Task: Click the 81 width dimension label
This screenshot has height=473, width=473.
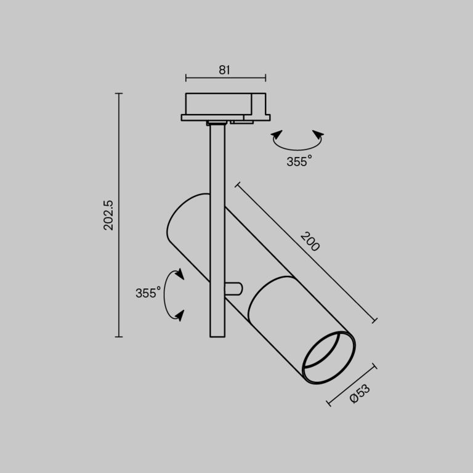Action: pyautogui.click(x=224, y=70)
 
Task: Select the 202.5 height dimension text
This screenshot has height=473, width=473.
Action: pyautogui.click(x=108, y=215)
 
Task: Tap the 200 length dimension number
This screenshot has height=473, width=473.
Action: pyautogui.click(x=310, y=241)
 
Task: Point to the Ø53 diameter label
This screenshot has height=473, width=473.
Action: pyautogui.click(x=360, y=394)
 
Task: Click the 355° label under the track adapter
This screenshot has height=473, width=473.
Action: pyautogui.click(x=299, y=161)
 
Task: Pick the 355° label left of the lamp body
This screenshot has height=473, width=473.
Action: pyautogui.click(x=148, y=293)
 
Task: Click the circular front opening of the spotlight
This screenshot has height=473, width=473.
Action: pyautogui.click(x=330, y=360)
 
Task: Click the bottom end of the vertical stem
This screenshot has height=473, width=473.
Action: pyautogui.click(x=217, y=335)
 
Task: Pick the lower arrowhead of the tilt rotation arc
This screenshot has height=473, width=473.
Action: pyautogui.click(x=179, y=315)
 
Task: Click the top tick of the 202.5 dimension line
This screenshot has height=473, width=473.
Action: pyautogui.click(x=119, y=94)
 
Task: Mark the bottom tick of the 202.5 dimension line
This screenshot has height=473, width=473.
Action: pyautogui.click(x=119, y=337)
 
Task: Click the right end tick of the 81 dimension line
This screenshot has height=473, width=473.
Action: pyautogui.click(x=265, y=78)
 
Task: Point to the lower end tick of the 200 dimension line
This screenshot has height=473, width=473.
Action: pyautogui.click(x=373, y=320)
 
